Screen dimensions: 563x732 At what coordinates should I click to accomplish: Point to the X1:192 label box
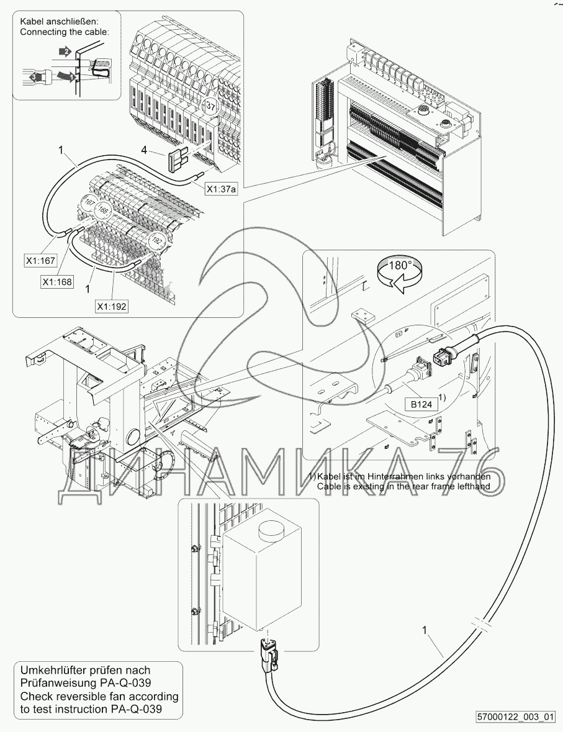112,306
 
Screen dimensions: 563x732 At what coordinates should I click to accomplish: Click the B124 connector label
421,403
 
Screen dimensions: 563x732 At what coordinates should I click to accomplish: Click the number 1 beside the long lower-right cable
425,631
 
